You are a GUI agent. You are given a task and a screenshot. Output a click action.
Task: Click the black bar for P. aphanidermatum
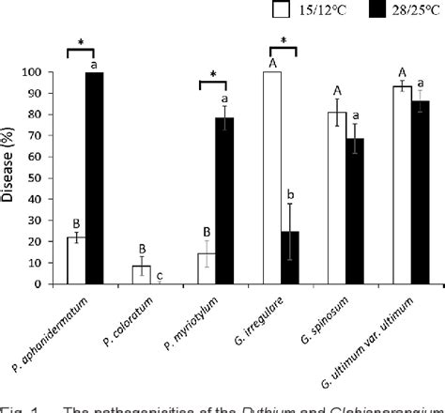click(x=95, y=178)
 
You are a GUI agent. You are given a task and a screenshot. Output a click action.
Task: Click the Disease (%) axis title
click(x=11, y=178)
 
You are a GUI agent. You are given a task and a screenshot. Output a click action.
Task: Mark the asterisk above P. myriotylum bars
click(x=215, y=74)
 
